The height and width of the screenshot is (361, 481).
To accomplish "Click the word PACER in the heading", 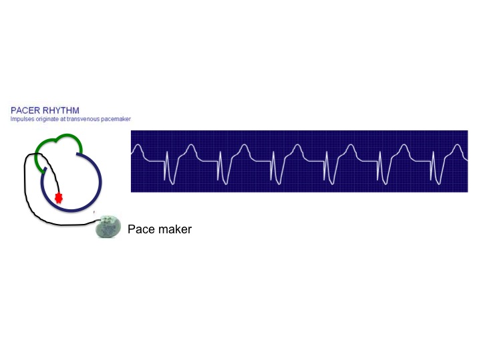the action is pos(25,110).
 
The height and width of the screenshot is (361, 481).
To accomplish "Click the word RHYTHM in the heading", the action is pos(61,110).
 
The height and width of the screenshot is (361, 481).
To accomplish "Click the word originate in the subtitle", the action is pos(47,119).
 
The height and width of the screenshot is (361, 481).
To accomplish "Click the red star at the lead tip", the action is pos(59,198).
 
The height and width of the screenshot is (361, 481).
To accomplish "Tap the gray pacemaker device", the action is pos(108,227).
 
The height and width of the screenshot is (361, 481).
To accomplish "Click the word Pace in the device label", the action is pos(141,229).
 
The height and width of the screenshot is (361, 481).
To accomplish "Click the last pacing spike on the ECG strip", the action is pos(434,166).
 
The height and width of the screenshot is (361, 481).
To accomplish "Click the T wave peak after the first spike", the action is pos(191,146).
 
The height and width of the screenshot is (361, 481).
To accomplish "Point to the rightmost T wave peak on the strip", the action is pos(458,146).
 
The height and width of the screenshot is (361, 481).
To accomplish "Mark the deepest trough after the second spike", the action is pos(226,185).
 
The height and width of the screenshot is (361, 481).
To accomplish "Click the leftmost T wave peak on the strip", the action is pos(138,146).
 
